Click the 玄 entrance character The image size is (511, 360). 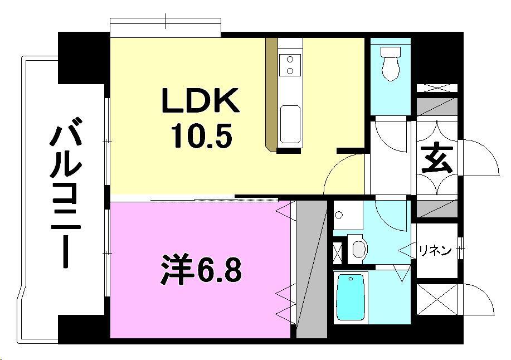436,161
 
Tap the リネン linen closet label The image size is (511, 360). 435,251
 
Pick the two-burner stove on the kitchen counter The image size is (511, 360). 290,64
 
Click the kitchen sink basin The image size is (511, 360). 290,124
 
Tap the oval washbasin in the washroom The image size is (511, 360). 358,248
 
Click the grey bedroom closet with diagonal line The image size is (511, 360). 311,270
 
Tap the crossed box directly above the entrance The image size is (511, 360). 437,87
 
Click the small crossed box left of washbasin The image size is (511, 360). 338,252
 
